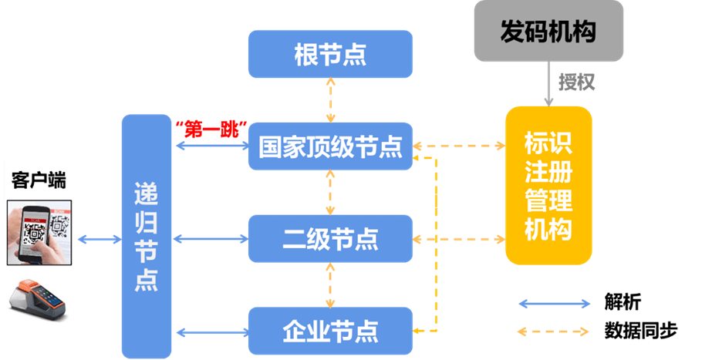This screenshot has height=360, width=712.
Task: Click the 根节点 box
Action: tap(330, 54)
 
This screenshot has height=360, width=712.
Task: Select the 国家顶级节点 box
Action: tap(330, 146)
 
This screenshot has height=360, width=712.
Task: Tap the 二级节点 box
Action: tap(330, 239)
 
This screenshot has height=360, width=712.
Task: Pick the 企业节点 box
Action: tap(330, 330)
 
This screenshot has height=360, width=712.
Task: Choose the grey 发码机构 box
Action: tap(548, 32)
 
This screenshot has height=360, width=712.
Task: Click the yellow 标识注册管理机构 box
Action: tap(548, 186)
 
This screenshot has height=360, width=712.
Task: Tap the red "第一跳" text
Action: tap(210, 129)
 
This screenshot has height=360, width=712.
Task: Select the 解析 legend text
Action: tap(623, 302)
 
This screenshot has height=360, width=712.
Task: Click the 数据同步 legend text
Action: tap(641, 331)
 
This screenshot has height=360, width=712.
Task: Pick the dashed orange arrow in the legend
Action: tap(555, 331)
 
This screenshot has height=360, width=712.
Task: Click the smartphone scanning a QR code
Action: tap(39, 232)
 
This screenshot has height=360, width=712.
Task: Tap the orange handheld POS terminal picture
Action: tap(39, 301)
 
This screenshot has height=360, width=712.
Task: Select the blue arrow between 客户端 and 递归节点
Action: tap(99, 240)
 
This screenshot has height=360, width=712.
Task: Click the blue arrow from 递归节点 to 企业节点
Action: tap(210, 332)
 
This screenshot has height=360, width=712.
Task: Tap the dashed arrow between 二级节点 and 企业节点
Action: tap(330, 284)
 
